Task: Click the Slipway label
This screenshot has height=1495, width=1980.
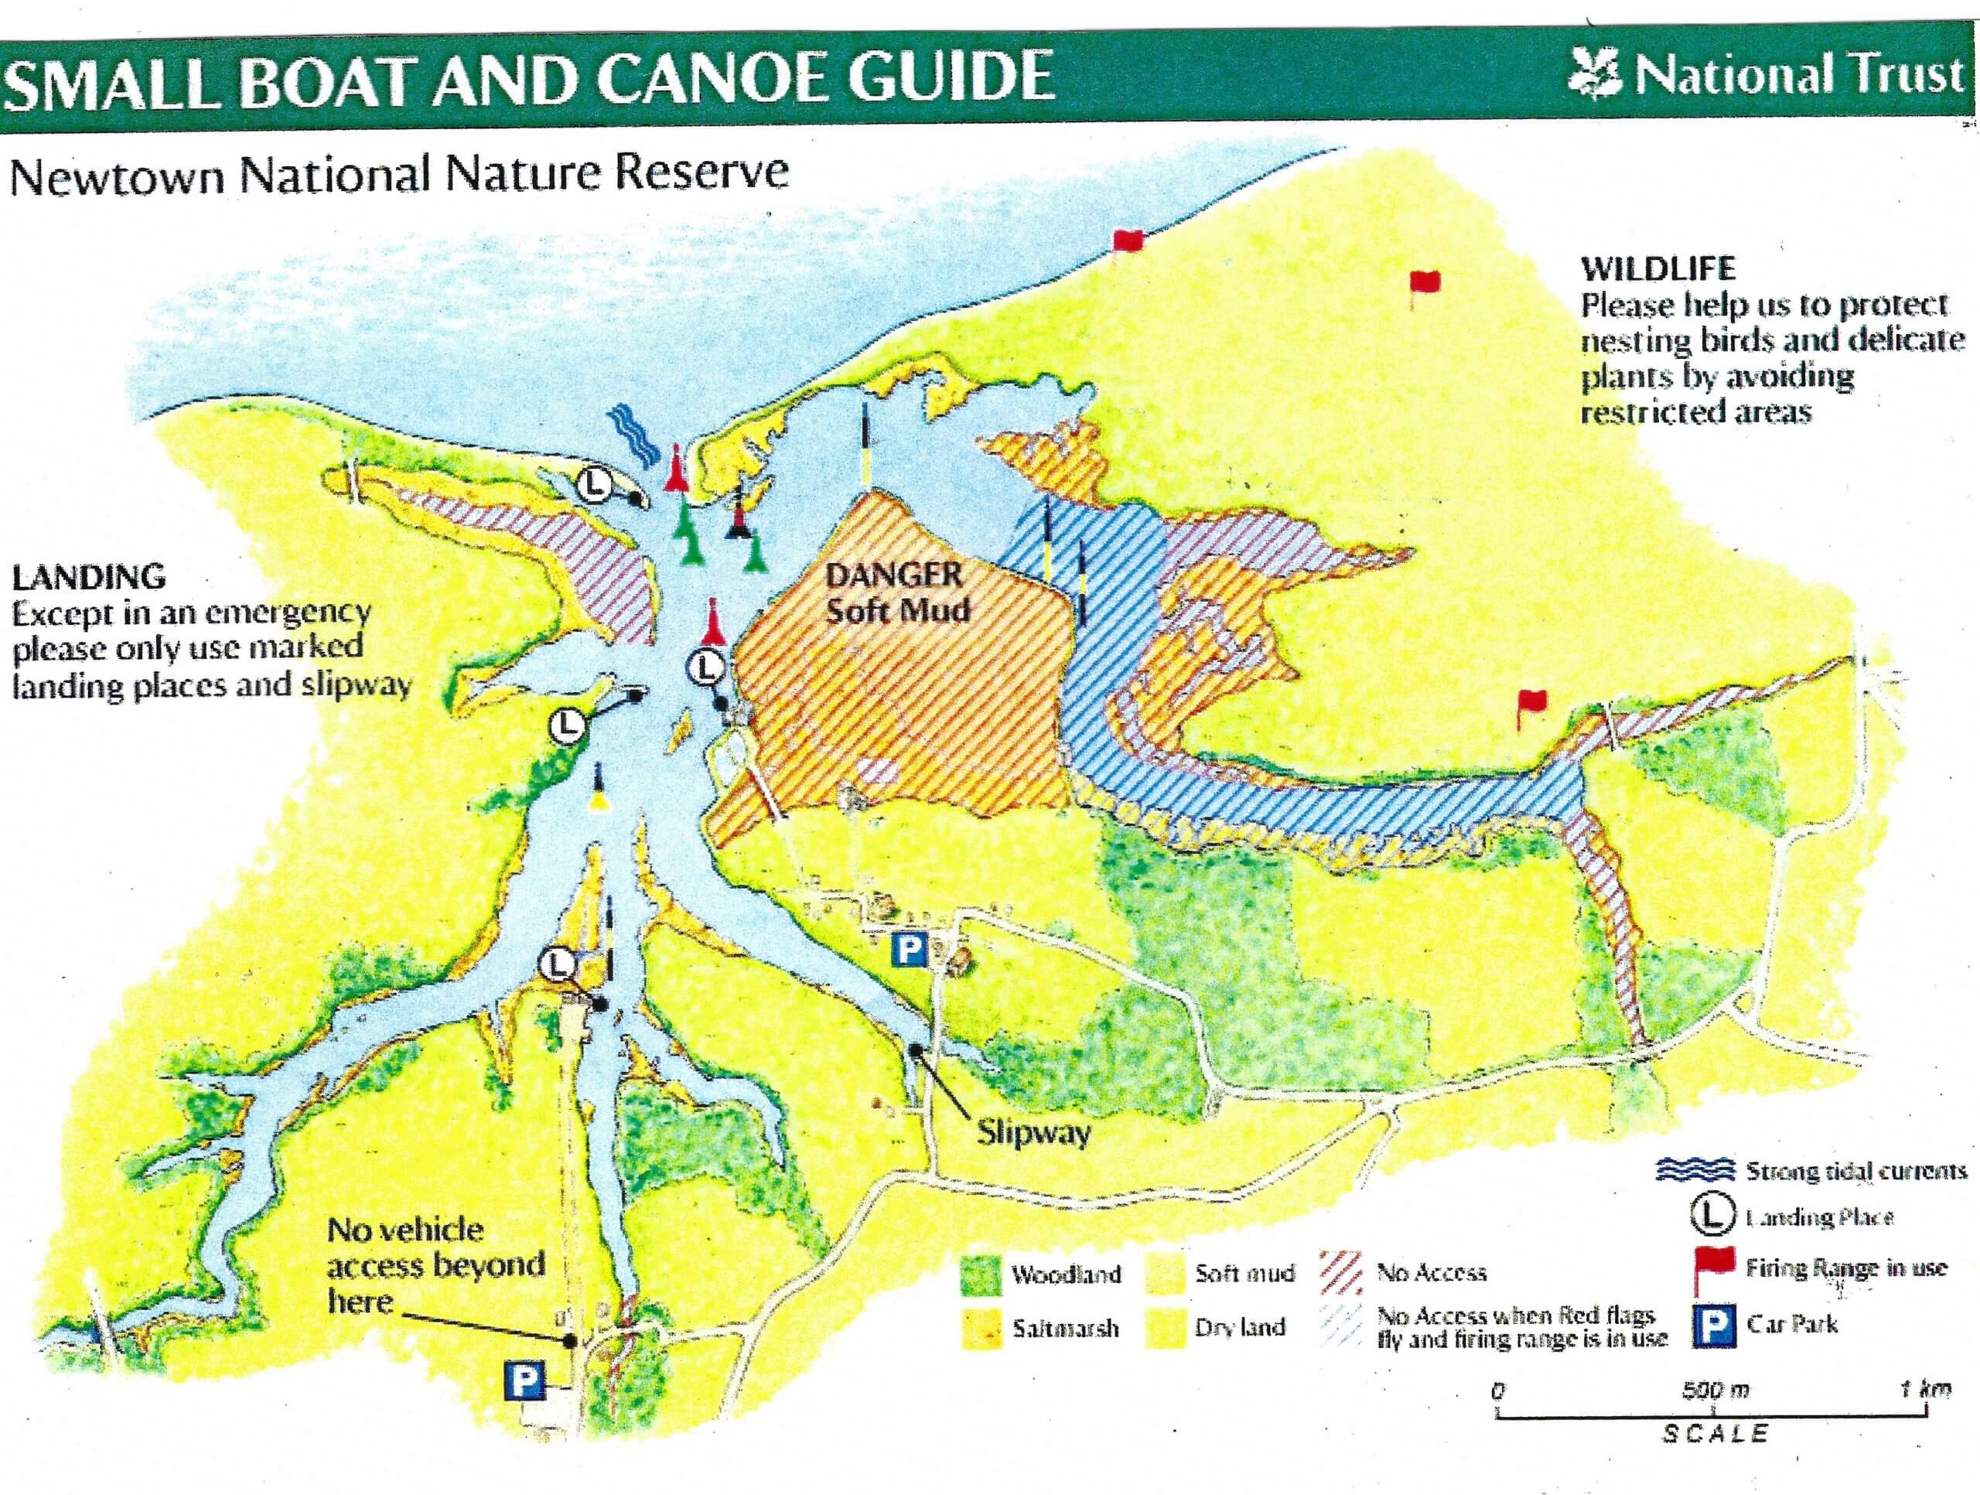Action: (1033, 1132)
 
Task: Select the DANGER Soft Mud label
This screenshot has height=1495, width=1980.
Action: (896, 592)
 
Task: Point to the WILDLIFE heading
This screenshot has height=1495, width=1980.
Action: (1657, 268)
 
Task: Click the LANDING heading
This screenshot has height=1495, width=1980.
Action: (89, 576)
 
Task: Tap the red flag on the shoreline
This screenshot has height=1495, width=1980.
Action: (1127, 240)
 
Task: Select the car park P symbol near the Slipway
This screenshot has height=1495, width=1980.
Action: (910, 948)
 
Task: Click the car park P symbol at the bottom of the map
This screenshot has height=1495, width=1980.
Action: (524, 1381)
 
